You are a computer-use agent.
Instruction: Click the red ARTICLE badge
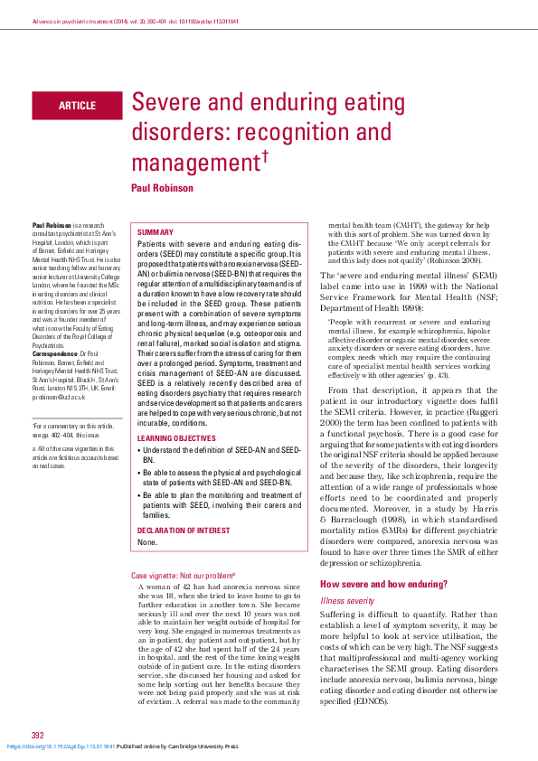tap(77, 106)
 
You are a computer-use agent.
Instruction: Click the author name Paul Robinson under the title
tap(162, 188)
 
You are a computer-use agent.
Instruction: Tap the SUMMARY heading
tap(155, 232)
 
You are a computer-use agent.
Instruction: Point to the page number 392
tap(37, 735)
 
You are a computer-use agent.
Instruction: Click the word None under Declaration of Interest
tap(147, 516)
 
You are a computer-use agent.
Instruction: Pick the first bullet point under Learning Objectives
tap(222, 454)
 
